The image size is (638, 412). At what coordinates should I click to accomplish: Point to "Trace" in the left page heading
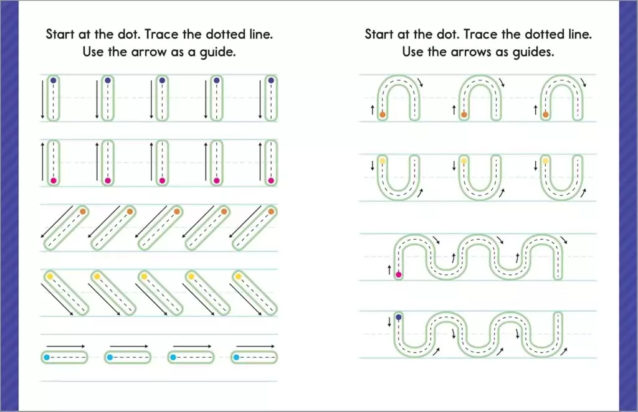(162, 34)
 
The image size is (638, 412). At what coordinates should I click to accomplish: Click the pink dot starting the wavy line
(399, 274)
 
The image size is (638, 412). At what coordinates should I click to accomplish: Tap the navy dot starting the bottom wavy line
(399, 317)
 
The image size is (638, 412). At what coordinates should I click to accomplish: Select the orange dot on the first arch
(383, 115)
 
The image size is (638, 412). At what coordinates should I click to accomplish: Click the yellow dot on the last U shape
(546, 161)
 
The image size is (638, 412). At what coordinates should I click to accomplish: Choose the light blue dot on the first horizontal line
(47, 358)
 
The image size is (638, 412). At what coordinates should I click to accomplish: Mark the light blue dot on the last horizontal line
(237, 358)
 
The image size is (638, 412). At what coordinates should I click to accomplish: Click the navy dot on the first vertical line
(54, 80)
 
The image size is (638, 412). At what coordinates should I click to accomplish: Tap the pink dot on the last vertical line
(271, 180)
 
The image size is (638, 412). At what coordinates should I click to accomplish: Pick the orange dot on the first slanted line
(83, 211)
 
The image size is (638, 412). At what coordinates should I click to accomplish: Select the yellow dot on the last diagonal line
(239, 277)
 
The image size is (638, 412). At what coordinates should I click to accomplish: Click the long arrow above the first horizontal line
(66, 346)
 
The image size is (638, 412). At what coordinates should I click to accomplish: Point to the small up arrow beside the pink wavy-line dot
(389, 269)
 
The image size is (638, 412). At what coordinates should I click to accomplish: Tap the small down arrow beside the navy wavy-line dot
(389, 322)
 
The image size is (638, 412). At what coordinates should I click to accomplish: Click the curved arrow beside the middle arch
(503, 83)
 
